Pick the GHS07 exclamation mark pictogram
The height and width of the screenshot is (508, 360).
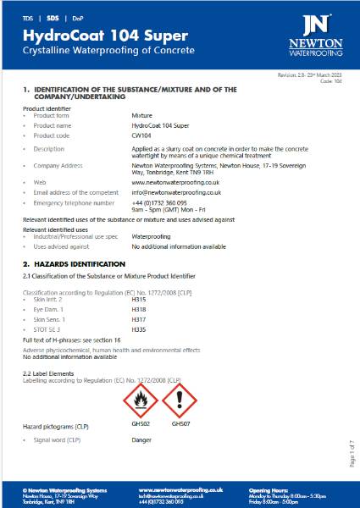point(180,400)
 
